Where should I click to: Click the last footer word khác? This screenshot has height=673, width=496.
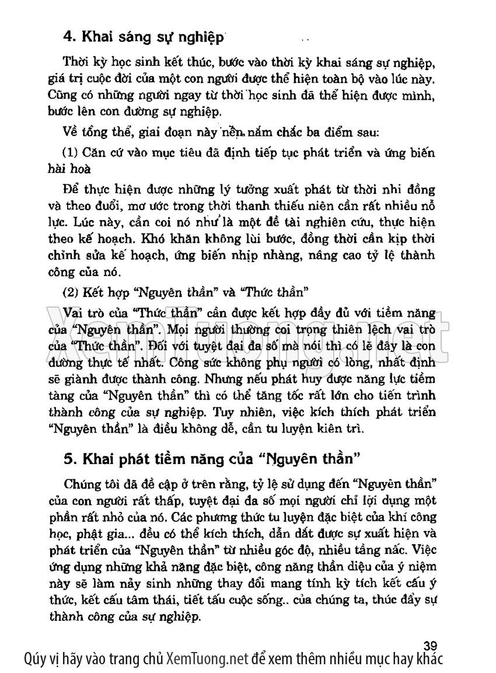pyautogui.click(x=429, y=659)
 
